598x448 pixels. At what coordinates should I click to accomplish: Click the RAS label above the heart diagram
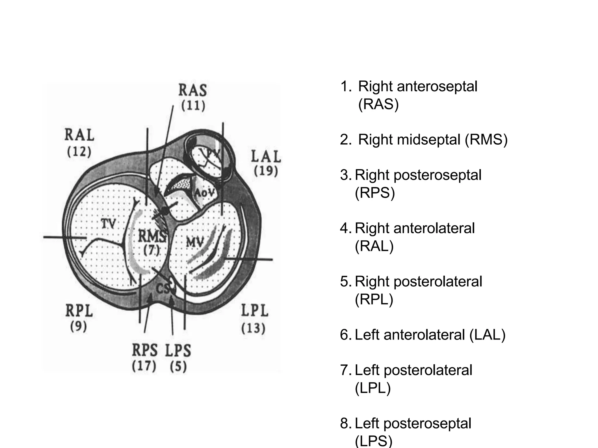pyautogui.click(x=193, y=90)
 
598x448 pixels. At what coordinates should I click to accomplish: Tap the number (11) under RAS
pyautogui.click(x=193, y=106)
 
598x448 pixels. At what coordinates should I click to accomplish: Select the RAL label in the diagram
pyautogui.click(x=79, y=135)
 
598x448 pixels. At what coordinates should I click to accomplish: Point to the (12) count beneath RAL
pyautogui.click(x=79, y=152)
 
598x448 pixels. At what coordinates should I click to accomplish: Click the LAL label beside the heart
pyautogui.click(x=266, y=157)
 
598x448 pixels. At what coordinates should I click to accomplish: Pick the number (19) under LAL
pyautogui.click(x=266, y=171)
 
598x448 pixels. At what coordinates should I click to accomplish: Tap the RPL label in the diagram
pyautogui.click(x=79, y=311)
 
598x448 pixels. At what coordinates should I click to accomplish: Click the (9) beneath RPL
pyautogui.click(x=79, y=327)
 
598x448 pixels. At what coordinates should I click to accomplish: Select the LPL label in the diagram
pyautogui.click(x=254, y=311)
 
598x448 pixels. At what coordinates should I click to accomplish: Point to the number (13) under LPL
pyautogui.click(x=253, y=328)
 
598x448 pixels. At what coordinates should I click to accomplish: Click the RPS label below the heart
pyautogui.click(x=145, y=350)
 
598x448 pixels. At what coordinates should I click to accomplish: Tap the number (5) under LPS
pyautogui.click(x=178, y=367)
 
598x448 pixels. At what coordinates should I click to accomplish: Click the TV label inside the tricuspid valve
pyautogui.click(x=108, y=224)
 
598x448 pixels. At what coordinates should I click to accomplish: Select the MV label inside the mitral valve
pyautogui.click(x=195, y=242)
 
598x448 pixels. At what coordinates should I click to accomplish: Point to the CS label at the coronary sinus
pyautogui.click(x=163, y=289)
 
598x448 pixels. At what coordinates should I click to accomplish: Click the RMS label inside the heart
pyautogui.click(x=152, y=236)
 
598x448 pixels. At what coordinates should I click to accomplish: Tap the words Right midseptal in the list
pyautogui.click(x=410, y=139)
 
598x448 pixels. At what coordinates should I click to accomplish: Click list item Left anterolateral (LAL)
pyautogui.click(x=430, y=335)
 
